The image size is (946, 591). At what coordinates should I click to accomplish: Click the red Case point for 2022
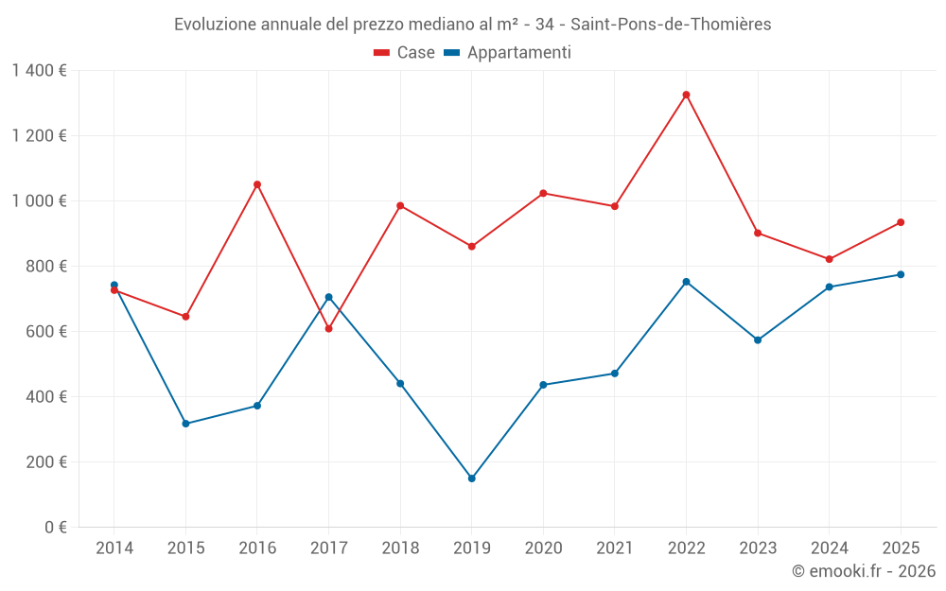pyautogui.click(x=686, y=95)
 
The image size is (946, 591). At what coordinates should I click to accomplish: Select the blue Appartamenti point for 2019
pyautogui.click(x=471, y=478)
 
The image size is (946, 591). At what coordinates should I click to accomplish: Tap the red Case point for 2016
pyautogui.click(x=257, y=184)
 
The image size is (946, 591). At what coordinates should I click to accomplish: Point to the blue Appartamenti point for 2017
pyautogui.click(x=328, y=297)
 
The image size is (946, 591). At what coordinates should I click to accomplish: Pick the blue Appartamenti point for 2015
pyautogui.click(x=185, y=424)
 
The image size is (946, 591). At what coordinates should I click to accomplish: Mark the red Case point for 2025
pyautogui.click(x=901, y=222)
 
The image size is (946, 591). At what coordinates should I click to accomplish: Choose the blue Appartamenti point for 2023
pyautogui.click(x=758, y=339)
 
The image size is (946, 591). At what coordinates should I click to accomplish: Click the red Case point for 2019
pyautogui.click(x=471, y=247)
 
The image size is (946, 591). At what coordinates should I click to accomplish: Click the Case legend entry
pyautogui.click(x=405, y=53)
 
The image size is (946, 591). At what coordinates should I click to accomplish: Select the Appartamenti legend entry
pyautogui.click(x=508, y=53)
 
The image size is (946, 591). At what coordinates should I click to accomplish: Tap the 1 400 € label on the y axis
pyautogui.click(x=39, y=70)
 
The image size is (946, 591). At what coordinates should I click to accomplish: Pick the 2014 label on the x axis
pyautogui.click(x=114, y=548)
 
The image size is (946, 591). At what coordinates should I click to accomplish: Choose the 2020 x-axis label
pyautogui.click(x=543, y=548)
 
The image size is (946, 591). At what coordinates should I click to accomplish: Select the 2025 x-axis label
pyautogui.click(x=901, y=548)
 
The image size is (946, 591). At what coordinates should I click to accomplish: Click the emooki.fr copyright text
pyautogui.click(x=864, y=571)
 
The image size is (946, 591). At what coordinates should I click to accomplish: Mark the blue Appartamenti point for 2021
pyautogui.click(x=615, y=374)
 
